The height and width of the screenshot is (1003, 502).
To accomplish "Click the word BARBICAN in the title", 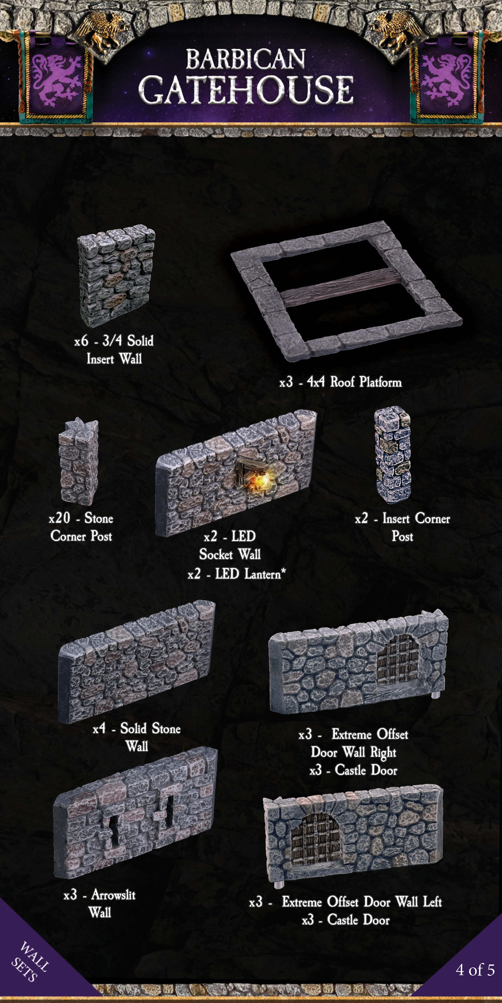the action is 246,59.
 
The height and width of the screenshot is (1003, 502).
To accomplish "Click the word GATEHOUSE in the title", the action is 246,90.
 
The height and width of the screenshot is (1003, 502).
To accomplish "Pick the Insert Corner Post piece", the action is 393,455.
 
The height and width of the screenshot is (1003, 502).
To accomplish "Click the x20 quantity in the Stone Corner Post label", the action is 59,518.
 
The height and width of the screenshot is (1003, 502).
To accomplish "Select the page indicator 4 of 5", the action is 475,970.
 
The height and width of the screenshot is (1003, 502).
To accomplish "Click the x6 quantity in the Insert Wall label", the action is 81,341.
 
